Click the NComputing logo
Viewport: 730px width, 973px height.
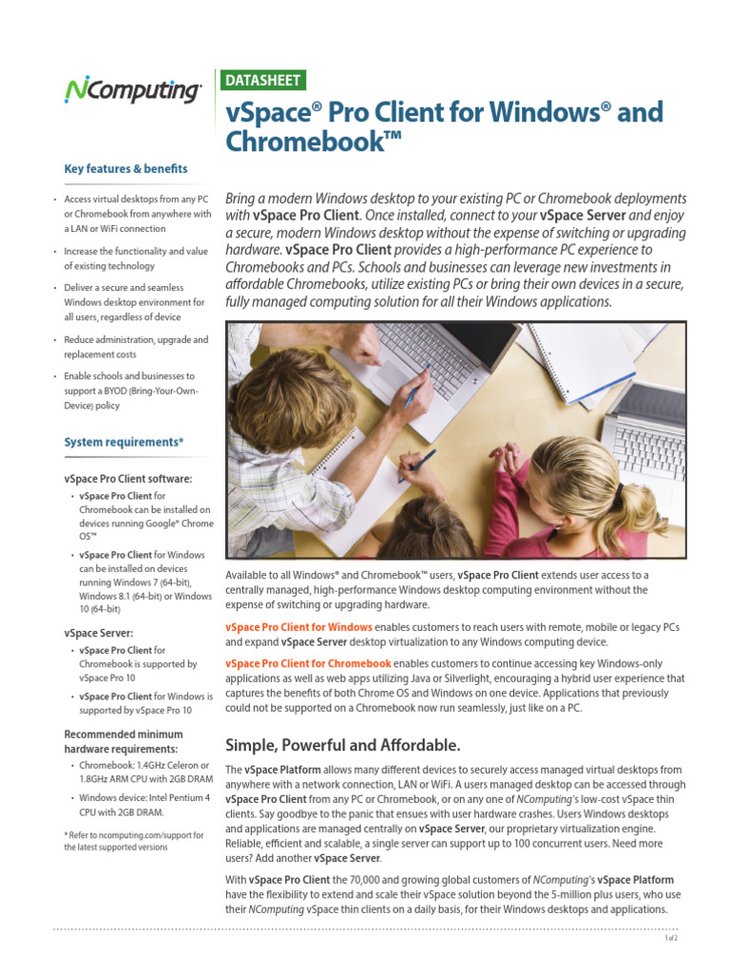point(132,90)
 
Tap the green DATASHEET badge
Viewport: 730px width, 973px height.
point(262,81)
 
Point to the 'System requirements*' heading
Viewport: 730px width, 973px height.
point(124,443)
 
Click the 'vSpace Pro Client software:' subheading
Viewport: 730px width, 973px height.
point(127,478)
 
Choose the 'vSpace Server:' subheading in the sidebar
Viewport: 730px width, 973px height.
point(98,632)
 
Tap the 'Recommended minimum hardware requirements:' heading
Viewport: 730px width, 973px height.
point(123,741)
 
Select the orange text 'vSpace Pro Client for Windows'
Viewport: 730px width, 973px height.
point(298,628)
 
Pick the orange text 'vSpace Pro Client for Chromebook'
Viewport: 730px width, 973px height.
point(308,663)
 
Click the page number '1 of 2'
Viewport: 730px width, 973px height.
point(670,938)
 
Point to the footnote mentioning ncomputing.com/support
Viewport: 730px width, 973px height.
point(133,841)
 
